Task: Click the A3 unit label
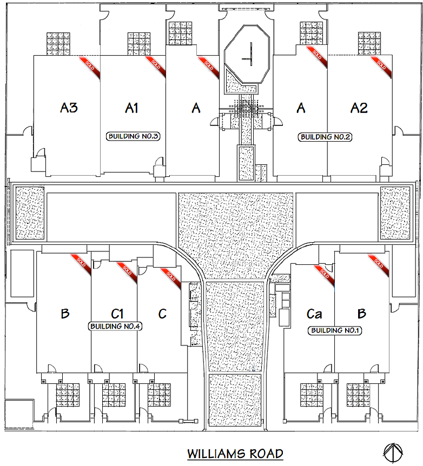coord(69,108)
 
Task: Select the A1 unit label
coord(131,108)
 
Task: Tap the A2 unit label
coord(359,108)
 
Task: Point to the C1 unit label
coord(118,314)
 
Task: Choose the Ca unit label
coord(314,314)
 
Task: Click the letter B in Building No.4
coord(65,314)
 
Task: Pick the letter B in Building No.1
coord(362,314)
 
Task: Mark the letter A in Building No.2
coord(301,108)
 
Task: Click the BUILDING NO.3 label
coord(133,136)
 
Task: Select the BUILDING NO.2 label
coord(325,137)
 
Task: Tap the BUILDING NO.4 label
coord(115,327)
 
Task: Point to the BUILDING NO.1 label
coord(334,330)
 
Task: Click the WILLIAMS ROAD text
coord(235,453)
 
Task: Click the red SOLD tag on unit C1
coord(125,268)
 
